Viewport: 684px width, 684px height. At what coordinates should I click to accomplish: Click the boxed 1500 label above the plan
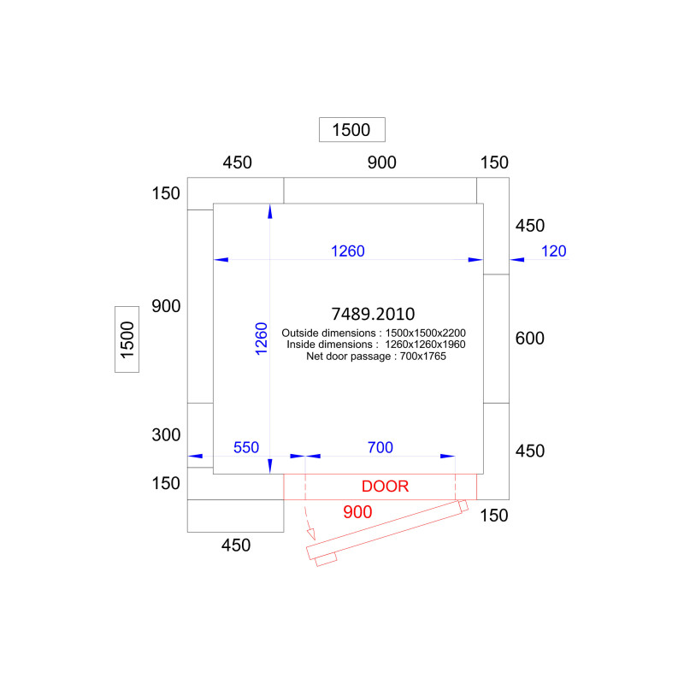click(351, 130)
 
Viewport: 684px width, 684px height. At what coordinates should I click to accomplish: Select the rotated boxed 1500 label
click(127, 339)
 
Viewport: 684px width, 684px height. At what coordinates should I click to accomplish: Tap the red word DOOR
click(386, 486)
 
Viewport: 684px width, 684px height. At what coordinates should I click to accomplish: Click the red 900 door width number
click(357, 511)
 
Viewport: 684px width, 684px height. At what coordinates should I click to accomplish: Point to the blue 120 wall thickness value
click(553, 251)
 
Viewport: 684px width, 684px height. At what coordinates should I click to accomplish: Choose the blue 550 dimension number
click(246, 447)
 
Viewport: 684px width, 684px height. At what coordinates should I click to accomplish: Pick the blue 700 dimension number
click(380, 447)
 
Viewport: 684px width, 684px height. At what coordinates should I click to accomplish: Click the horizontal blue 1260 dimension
click(348, 251)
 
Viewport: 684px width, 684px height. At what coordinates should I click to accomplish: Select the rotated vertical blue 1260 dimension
click(261, 339)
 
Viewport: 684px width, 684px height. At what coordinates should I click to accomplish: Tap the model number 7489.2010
click(373, 314)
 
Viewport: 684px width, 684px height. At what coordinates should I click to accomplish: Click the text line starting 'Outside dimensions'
click(374, 333)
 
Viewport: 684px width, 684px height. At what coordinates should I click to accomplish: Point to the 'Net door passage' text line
click(376, 356)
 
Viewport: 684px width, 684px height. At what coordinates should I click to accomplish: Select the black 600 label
click(529, 338)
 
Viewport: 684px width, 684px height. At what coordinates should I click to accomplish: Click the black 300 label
click(166, 434)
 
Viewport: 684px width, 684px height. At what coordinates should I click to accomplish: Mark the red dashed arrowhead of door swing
click(311, 534)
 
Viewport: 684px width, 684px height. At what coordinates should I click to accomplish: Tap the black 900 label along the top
click(381, 162)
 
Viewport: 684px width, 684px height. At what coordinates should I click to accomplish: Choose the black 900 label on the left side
click(166, 306)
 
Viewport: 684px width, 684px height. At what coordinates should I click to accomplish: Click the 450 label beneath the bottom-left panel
click(236, 545)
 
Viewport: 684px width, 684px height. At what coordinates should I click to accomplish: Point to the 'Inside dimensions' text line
click(376, 345)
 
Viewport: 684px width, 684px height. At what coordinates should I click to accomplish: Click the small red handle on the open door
click(326, 559)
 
